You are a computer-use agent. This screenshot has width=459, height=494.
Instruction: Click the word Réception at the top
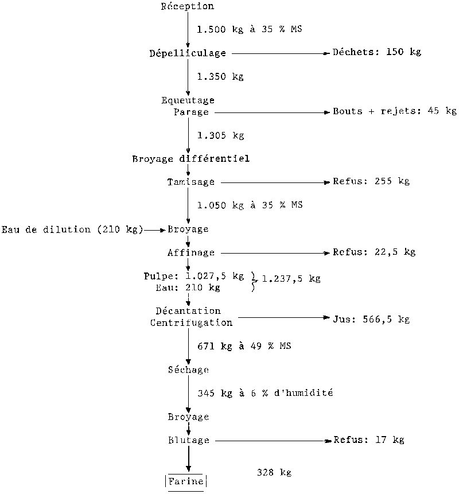pyautogui.click(x=188, y=6)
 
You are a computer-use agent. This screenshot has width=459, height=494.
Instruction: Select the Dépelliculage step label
pyautogui.click(x=188, y=53)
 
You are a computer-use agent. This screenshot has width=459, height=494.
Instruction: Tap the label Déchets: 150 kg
pyautogui.click(x=377, y=52)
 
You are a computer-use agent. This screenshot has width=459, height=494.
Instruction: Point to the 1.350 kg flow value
pyautogui.click(x=220, y=77)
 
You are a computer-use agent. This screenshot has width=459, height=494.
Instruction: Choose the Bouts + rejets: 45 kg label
pyautogui.click(x=395, y=111)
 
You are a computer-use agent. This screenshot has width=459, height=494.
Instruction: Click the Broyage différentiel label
pyautogui.click(x=191, y=159)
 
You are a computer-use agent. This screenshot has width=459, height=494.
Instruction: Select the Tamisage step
pyautogui.click(x=190, y=182)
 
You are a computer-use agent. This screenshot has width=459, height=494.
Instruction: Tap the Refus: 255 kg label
pyautogui.click(x=371, y=182)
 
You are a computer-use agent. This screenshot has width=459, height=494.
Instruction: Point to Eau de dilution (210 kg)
pyautogui.click(x=72, y=230)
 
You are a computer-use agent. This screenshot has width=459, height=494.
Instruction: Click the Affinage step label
pyautogui.click(x=191, y=252)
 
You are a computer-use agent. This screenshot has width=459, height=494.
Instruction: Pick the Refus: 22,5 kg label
pyautogui.click(x=374, y=252)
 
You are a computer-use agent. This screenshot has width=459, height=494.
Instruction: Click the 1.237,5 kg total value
pyautogui.click(x=291, y=279)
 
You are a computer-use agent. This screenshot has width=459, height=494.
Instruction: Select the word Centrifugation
pyautogui.click(x=192, y=323)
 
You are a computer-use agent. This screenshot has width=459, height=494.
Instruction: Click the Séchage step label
pyautogui.click(x=188, y=369)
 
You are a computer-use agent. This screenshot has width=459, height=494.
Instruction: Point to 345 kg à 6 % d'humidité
pyautogui.click(x=265, y=394)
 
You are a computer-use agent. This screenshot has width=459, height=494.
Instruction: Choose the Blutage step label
pyautogui.click(x=188, y=441)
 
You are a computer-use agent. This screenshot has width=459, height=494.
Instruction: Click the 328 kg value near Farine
pyautogui.click(x=274, y=473)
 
